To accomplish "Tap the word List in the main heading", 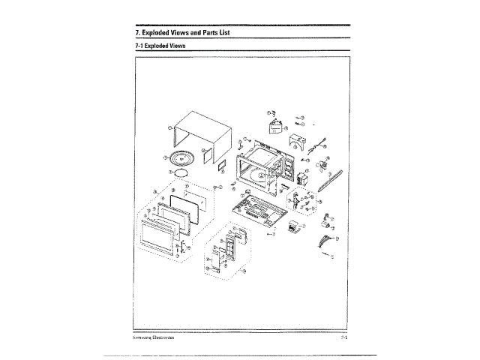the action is [x=228, y=34].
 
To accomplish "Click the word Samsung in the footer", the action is [x=142, y=338].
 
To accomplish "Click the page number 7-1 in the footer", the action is [x=342, y=338].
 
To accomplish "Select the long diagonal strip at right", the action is [x=328, y=180].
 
